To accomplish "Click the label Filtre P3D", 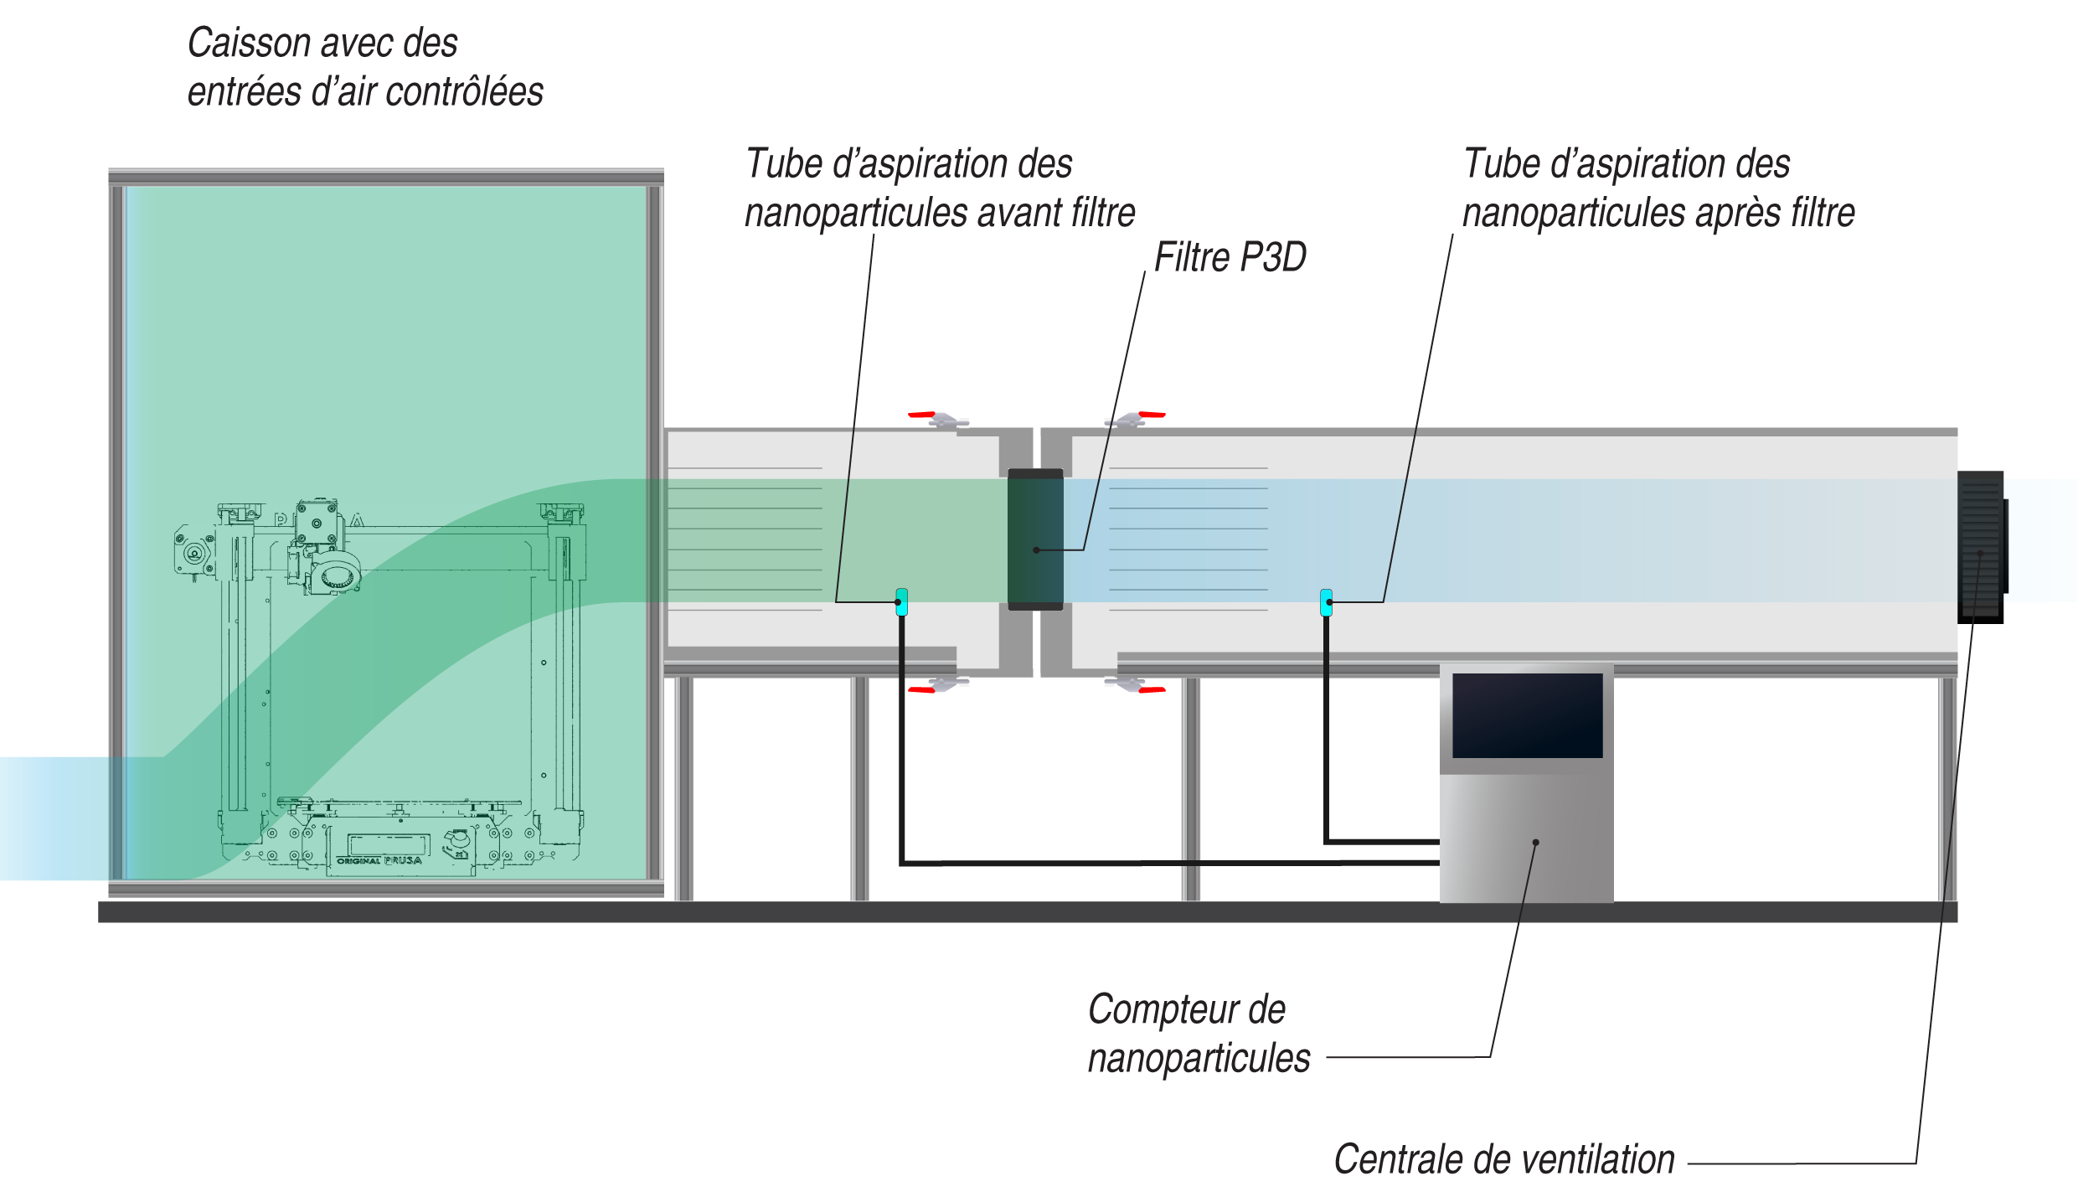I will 1230,258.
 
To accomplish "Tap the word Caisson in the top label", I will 249,44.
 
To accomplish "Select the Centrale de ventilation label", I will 1503,1160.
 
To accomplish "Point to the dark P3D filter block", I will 1035,539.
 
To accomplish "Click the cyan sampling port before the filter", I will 901,601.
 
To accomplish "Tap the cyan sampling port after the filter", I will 1326,602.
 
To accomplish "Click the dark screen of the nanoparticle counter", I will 1527,715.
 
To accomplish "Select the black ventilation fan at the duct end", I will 1981,546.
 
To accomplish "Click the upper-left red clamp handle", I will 921,414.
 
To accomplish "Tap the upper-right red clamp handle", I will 1152,414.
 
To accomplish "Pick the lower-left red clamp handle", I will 921,690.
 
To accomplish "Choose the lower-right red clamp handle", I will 1152,690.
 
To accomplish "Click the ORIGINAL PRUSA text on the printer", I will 379,860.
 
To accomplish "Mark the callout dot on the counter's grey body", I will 1535,843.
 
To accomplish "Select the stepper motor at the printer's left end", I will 194,552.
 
